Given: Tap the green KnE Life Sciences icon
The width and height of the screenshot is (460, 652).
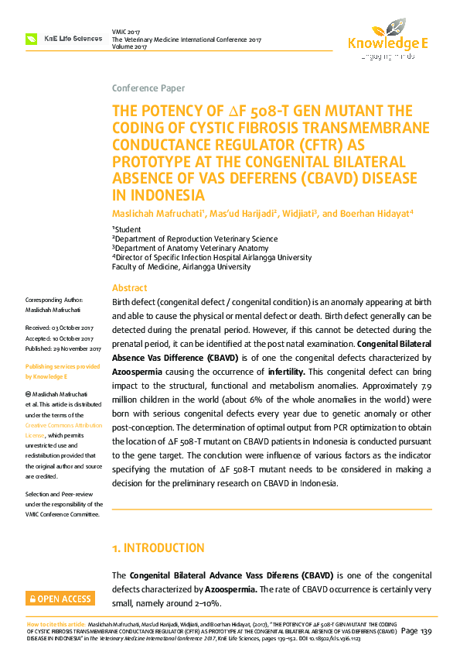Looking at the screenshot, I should [32, 38].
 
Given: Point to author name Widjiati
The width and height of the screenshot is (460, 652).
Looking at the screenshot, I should [296, 213].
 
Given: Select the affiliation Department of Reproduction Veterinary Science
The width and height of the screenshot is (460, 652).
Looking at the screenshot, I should [196, 238].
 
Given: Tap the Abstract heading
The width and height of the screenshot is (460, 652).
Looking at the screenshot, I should [129, 287].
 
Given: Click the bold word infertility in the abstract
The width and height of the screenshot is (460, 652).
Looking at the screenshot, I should [285, 372].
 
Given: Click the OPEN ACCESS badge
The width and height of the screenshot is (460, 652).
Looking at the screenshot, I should [60, 599].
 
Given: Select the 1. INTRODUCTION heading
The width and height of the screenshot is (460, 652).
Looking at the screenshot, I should [158, 548].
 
